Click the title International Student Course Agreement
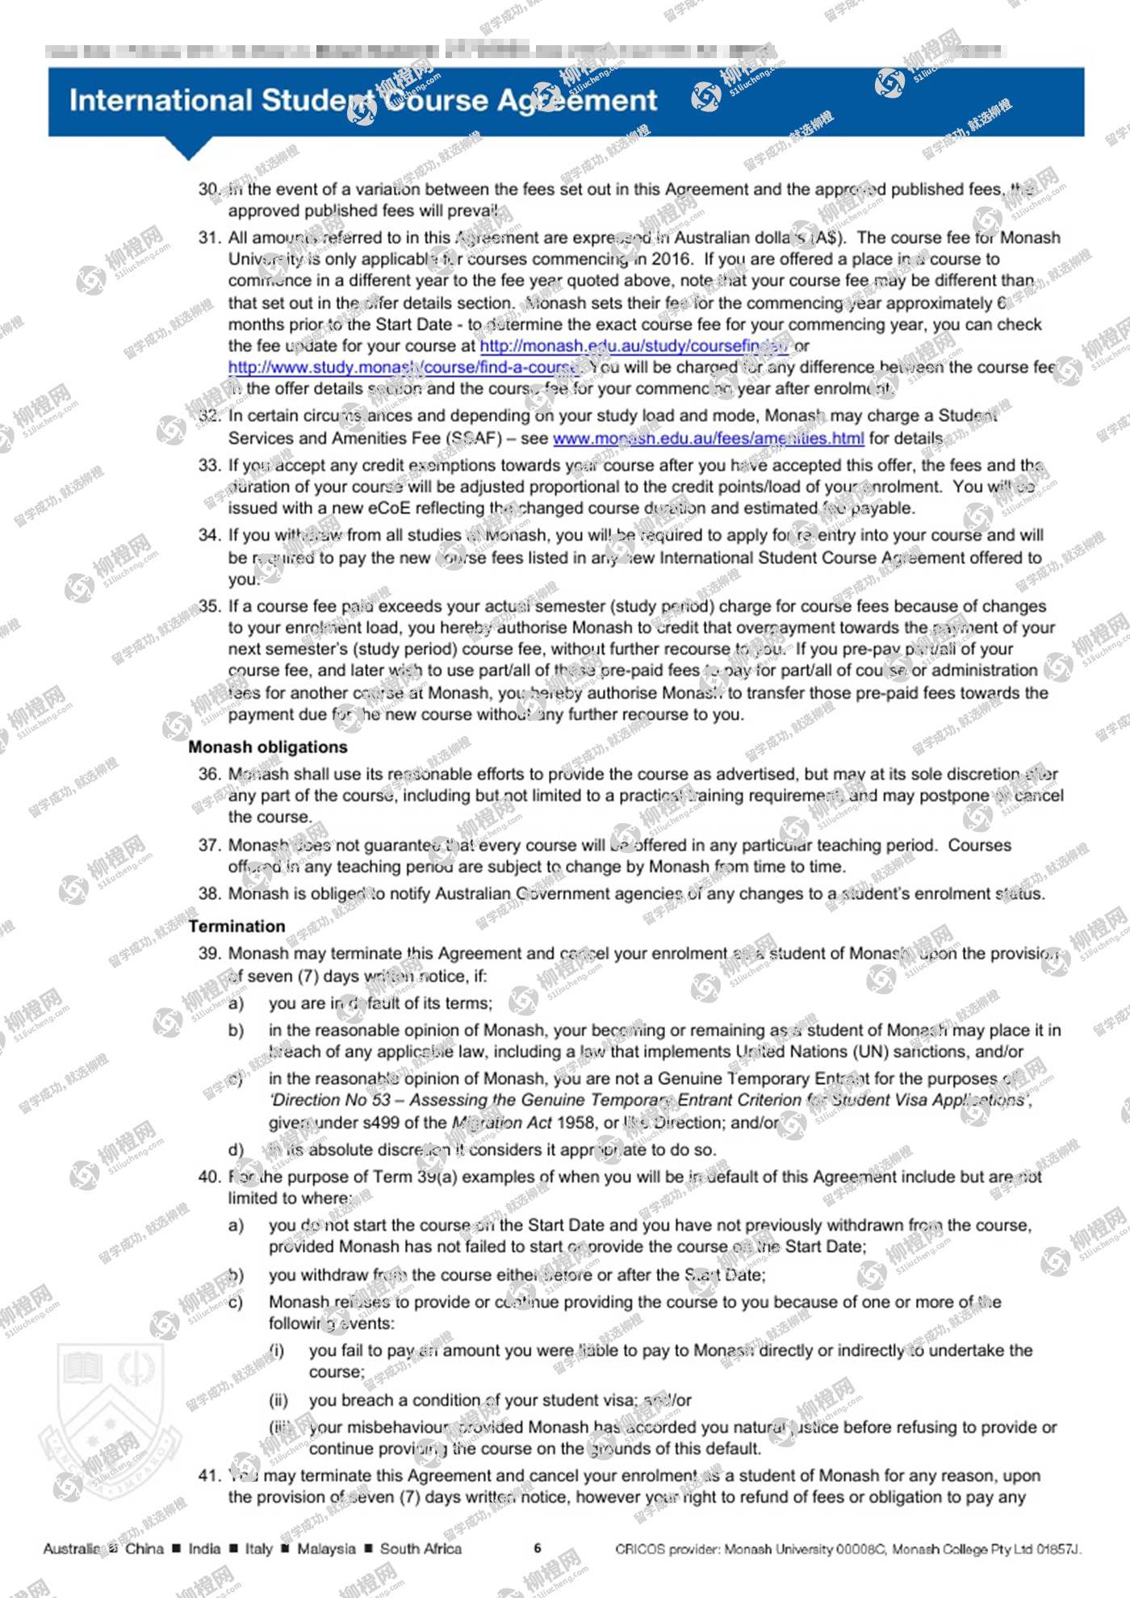pos(363,101)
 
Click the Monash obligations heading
pos(268,747)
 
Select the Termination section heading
pos(236,926)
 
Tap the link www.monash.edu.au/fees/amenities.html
pos(708,438)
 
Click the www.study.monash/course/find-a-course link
pos(404,367)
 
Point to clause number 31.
pos(209,238)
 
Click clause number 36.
pos(209,774)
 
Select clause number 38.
pos(209,893)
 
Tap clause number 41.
pos(209,1475)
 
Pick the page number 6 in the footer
pos(538,1548)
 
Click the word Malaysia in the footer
pos(326,1549)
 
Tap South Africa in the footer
pos(421,1549)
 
